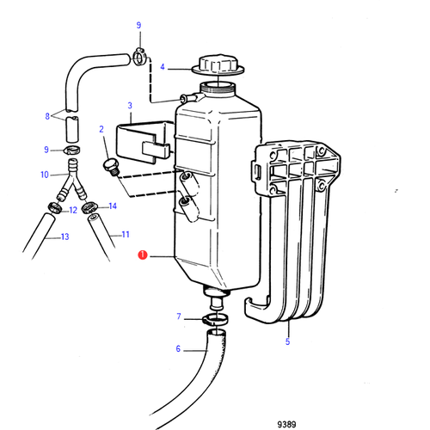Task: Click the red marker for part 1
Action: [144, 255]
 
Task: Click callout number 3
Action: [129, 107]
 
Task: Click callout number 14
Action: [112, 206]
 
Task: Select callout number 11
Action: [125, 234]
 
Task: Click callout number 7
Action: [178, 317]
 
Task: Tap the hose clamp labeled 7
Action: [216, 322]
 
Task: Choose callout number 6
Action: [178, 349]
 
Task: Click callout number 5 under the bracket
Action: [287, 341]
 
